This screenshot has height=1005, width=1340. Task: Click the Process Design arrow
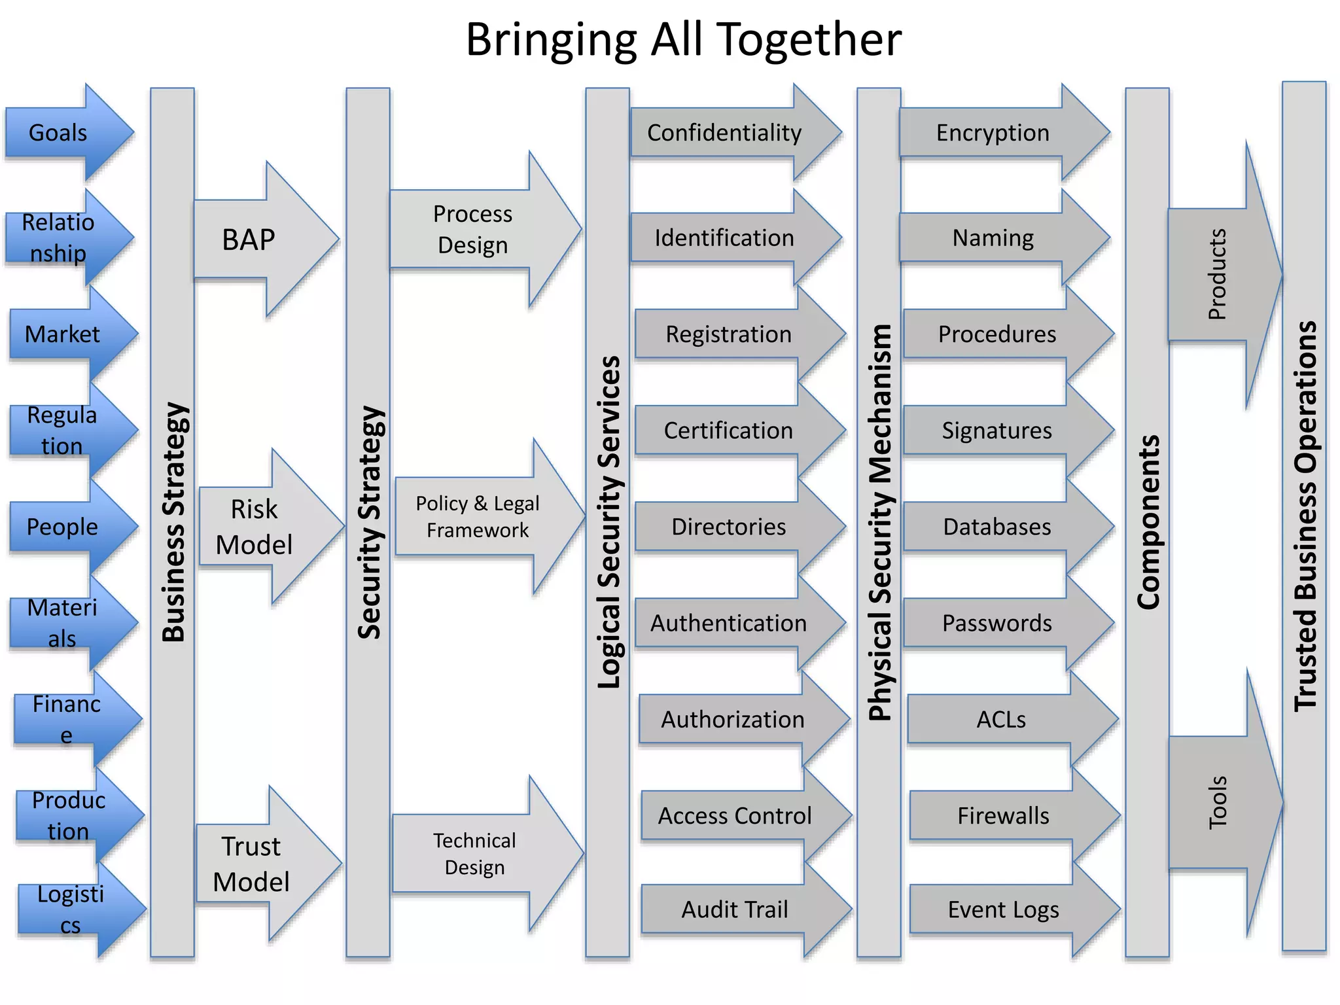coord(478,230)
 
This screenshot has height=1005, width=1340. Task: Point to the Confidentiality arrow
coord(726,133)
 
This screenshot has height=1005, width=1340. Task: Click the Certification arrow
coord(730,431)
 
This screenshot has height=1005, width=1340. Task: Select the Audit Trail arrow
coord(736,909)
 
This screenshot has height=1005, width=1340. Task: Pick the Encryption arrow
coord(995,133)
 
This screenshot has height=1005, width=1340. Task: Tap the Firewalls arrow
coord(1004,816)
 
